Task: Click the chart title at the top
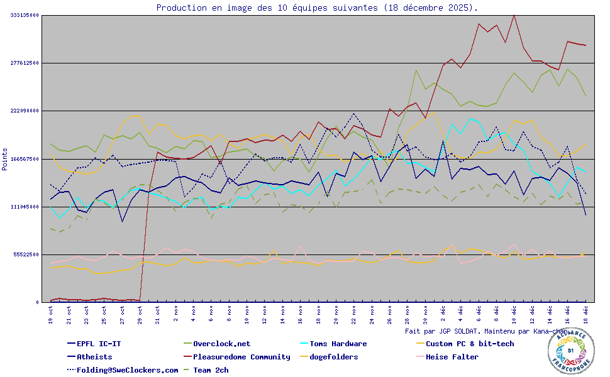[316, 8]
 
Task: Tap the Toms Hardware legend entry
[333, 344]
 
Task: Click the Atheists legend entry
[94, 357]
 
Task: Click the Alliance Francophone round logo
[570, 351]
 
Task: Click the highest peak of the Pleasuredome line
[514, 14]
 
